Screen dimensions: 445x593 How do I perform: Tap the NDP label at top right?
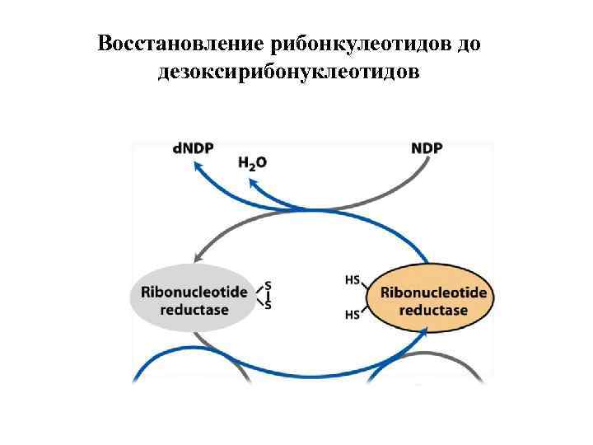(x=427, y=148)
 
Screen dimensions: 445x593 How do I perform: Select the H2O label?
(x=252, y=163)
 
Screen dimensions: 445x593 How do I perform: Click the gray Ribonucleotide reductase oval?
(x=190, y=300)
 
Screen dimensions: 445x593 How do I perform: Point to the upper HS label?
(x=353, y=281)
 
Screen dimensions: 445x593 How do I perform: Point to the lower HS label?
(x=353, y=314)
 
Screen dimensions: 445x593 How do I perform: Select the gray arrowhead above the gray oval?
(x=198, y=256)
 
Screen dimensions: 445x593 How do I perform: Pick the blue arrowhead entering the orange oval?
(x=424, y=330)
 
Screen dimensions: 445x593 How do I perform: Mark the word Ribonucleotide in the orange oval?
(x=433, y=293)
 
